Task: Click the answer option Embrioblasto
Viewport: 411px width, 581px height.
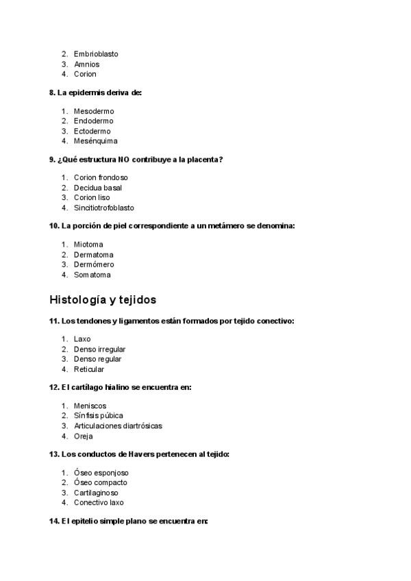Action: (x=95, y=53)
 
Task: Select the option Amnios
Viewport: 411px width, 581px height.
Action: (x=87, y=64)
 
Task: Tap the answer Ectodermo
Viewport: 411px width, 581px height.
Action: (x=92, y=131)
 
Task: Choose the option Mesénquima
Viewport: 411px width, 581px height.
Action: (x=96, y=141)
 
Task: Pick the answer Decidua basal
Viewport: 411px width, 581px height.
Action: (x=98, y=188)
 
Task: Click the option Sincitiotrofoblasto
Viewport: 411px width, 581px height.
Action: (x=104, y=208)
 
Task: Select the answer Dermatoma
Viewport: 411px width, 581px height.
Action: (x=94, y=255)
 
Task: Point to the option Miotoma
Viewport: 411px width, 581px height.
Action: (x=88, y=245)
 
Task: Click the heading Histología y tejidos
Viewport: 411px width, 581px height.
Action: (x=103, y=299)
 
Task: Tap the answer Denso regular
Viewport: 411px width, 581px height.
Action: (x=98, y=359)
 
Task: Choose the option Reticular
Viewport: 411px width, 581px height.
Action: (x=90, y=369)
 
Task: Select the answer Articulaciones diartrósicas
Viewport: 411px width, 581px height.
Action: (x=118, y=426)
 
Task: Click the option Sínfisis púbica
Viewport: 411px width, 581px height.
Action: (x=99, y=416)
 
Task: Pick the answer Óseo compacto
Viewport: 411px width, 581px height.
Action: (x=101, y=482)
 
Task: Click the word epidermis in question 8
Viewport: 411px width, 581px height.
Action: (x=86, y=92)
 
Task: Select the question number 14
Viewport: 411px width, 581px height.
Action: (x=53, y=521)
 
